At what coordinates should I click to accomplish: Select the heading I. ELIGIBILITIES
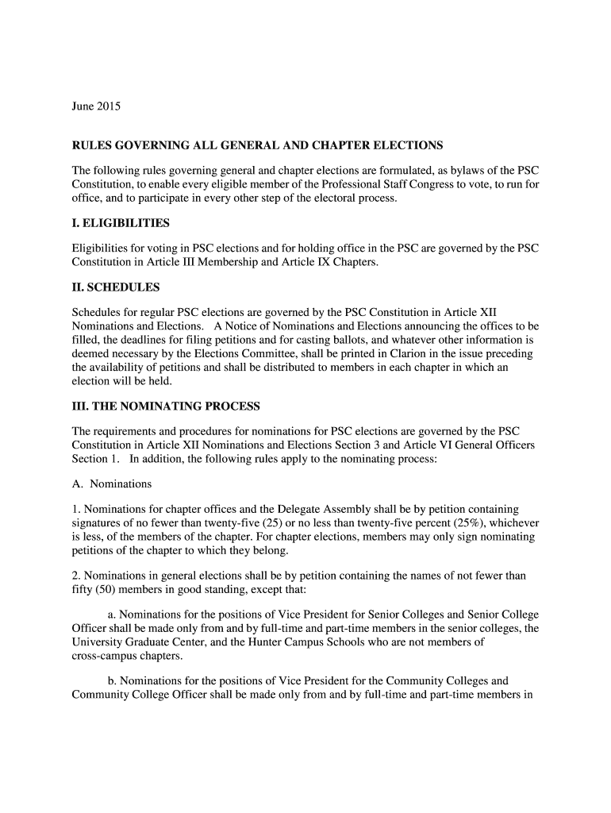coord(121,223)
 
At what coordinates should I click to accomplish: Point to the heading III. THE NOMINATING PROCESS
coord(166,406)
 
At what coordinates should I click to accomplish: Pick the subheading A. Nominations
coord(111,484)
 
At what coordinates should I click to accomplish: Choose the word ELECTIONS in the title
coord(403,146)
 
